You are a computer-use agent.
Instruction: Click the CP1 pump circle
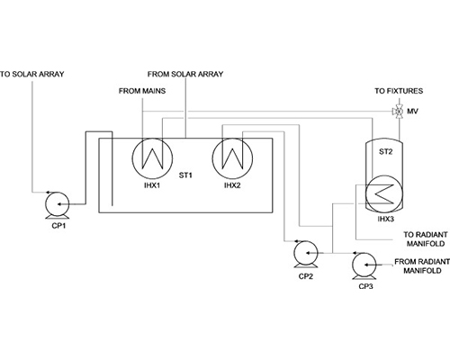tap(45, 204)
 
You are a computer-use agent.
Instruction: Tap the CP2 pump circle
tap(293, 253)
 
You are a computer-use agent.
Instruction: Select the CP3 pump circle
tap(352, 265)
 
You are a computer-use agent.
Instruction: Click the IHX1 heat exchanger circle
tap(133, 158)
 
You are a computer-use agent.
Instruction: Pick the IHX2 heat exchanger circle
tap(213, 158)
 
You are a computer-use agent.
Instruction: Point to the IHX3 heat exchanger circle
tap(366, 194)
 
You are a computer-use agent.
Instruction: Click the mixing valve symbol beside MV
tap(399, 112)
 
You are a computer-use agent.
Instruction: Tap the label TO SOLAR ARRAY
tap(32, 74)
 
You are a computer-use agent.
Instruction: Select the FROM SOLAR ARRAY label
tap(185, 74)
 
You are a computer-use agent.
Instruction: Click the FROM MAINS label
tap(142, 91)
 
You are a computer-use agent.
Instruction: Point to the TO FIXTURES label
tap(399, 91)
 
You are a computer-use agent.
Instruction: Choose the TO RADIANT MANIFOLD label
tap(426, 239)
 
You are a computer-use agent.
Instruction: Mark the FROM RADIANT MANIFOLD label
tap(422, 266)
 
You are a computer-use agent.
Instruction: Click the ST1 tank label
tap(185, 175)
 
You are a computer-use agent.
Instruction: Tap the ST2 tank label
tap(385, 152)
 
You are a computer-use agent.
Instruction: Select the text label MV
tap(412, 112)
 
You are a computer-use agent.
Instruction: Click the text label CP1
tap(58, 226)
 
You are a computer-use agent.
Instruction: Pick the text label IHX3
tap(385, 220)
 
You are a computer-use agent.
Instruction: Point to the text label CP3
tap(366, 286)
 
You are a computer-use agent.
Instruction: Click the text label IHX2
tap(232, 185)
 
